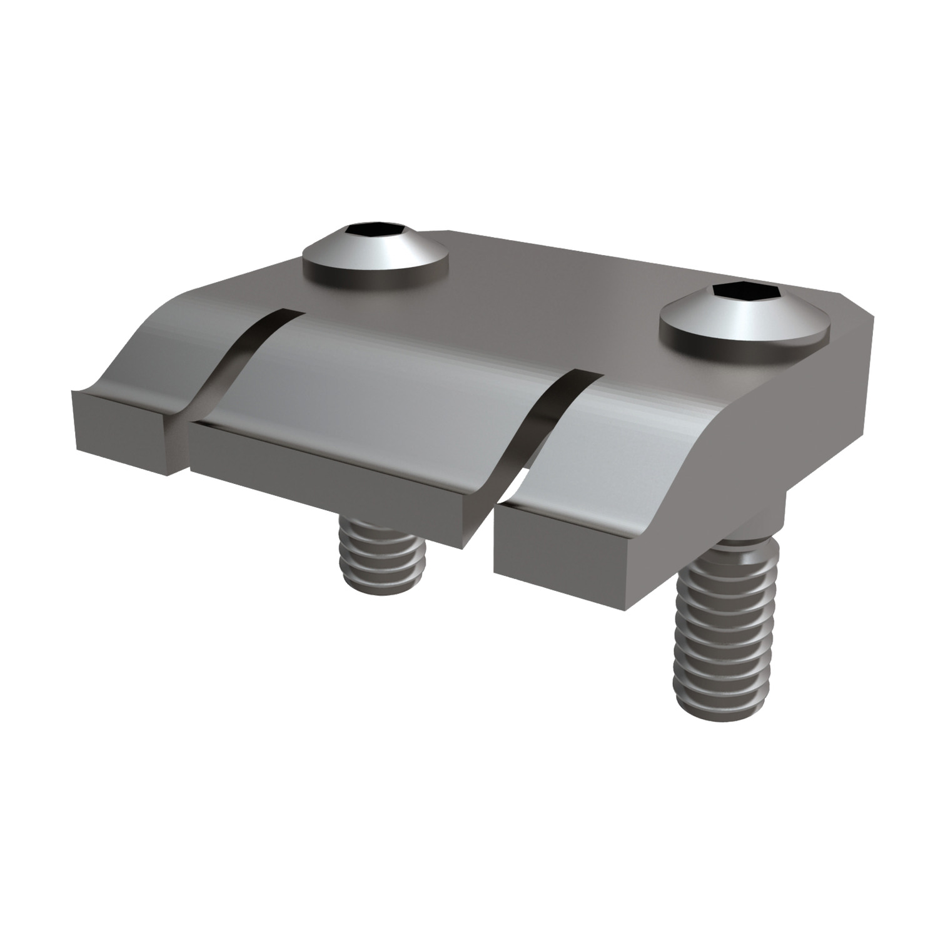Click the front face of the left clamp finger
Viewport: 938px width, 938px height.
[x=119, y=431]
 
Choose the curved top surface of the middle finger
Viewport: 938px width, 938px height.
[x=388, y=375]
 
